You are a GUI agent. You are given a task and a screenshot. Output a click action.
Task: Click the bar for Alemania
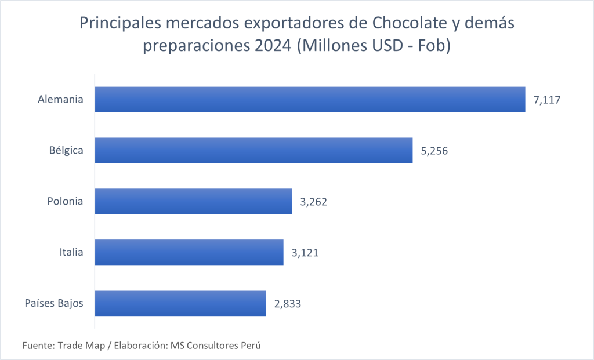pos(310,100)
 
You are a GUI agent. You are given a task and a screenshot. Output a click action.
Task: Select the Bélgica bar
pos(253,151)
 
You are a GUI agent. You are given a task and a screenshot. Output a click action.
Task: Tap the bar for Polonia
pos(193,202)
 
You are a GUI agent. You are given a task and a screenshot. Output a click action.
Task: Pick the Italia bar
pos(189,253)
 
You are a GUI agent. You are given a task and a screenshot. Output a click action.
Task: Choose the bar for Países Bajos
pos(180,303)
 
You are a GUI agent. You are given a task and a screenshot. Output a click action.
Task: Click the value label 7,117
pos(547,100)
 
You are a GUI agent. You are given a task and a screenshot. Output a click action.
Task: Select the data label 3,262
pos(314,202)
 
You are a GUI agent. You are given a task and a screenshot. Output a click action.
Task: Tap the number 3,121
pos(305,253)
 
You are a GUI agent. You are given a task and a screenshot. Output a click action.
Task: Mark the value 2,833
pos(288,303)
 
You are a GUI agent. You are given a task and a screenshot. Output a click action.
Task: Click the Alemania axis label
pos(60,100)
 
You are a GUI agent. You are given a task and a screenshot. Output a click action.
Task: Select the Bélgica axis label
pos(66,151)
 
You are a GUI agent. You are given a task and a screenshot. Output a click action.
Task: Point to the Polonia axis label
pos(65,202)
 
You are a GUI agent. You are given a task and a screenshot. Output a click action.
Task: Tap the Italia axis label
pos(71,253)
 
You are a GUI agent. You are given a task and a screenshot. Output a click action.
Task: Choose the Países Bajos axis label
pos(54,303)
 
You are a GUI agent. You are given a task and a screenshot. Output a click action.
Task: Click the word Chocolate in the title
pos(399,24)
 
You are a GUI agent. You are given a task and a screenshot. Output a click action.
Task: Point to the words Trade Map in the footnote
pos(81,346)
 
